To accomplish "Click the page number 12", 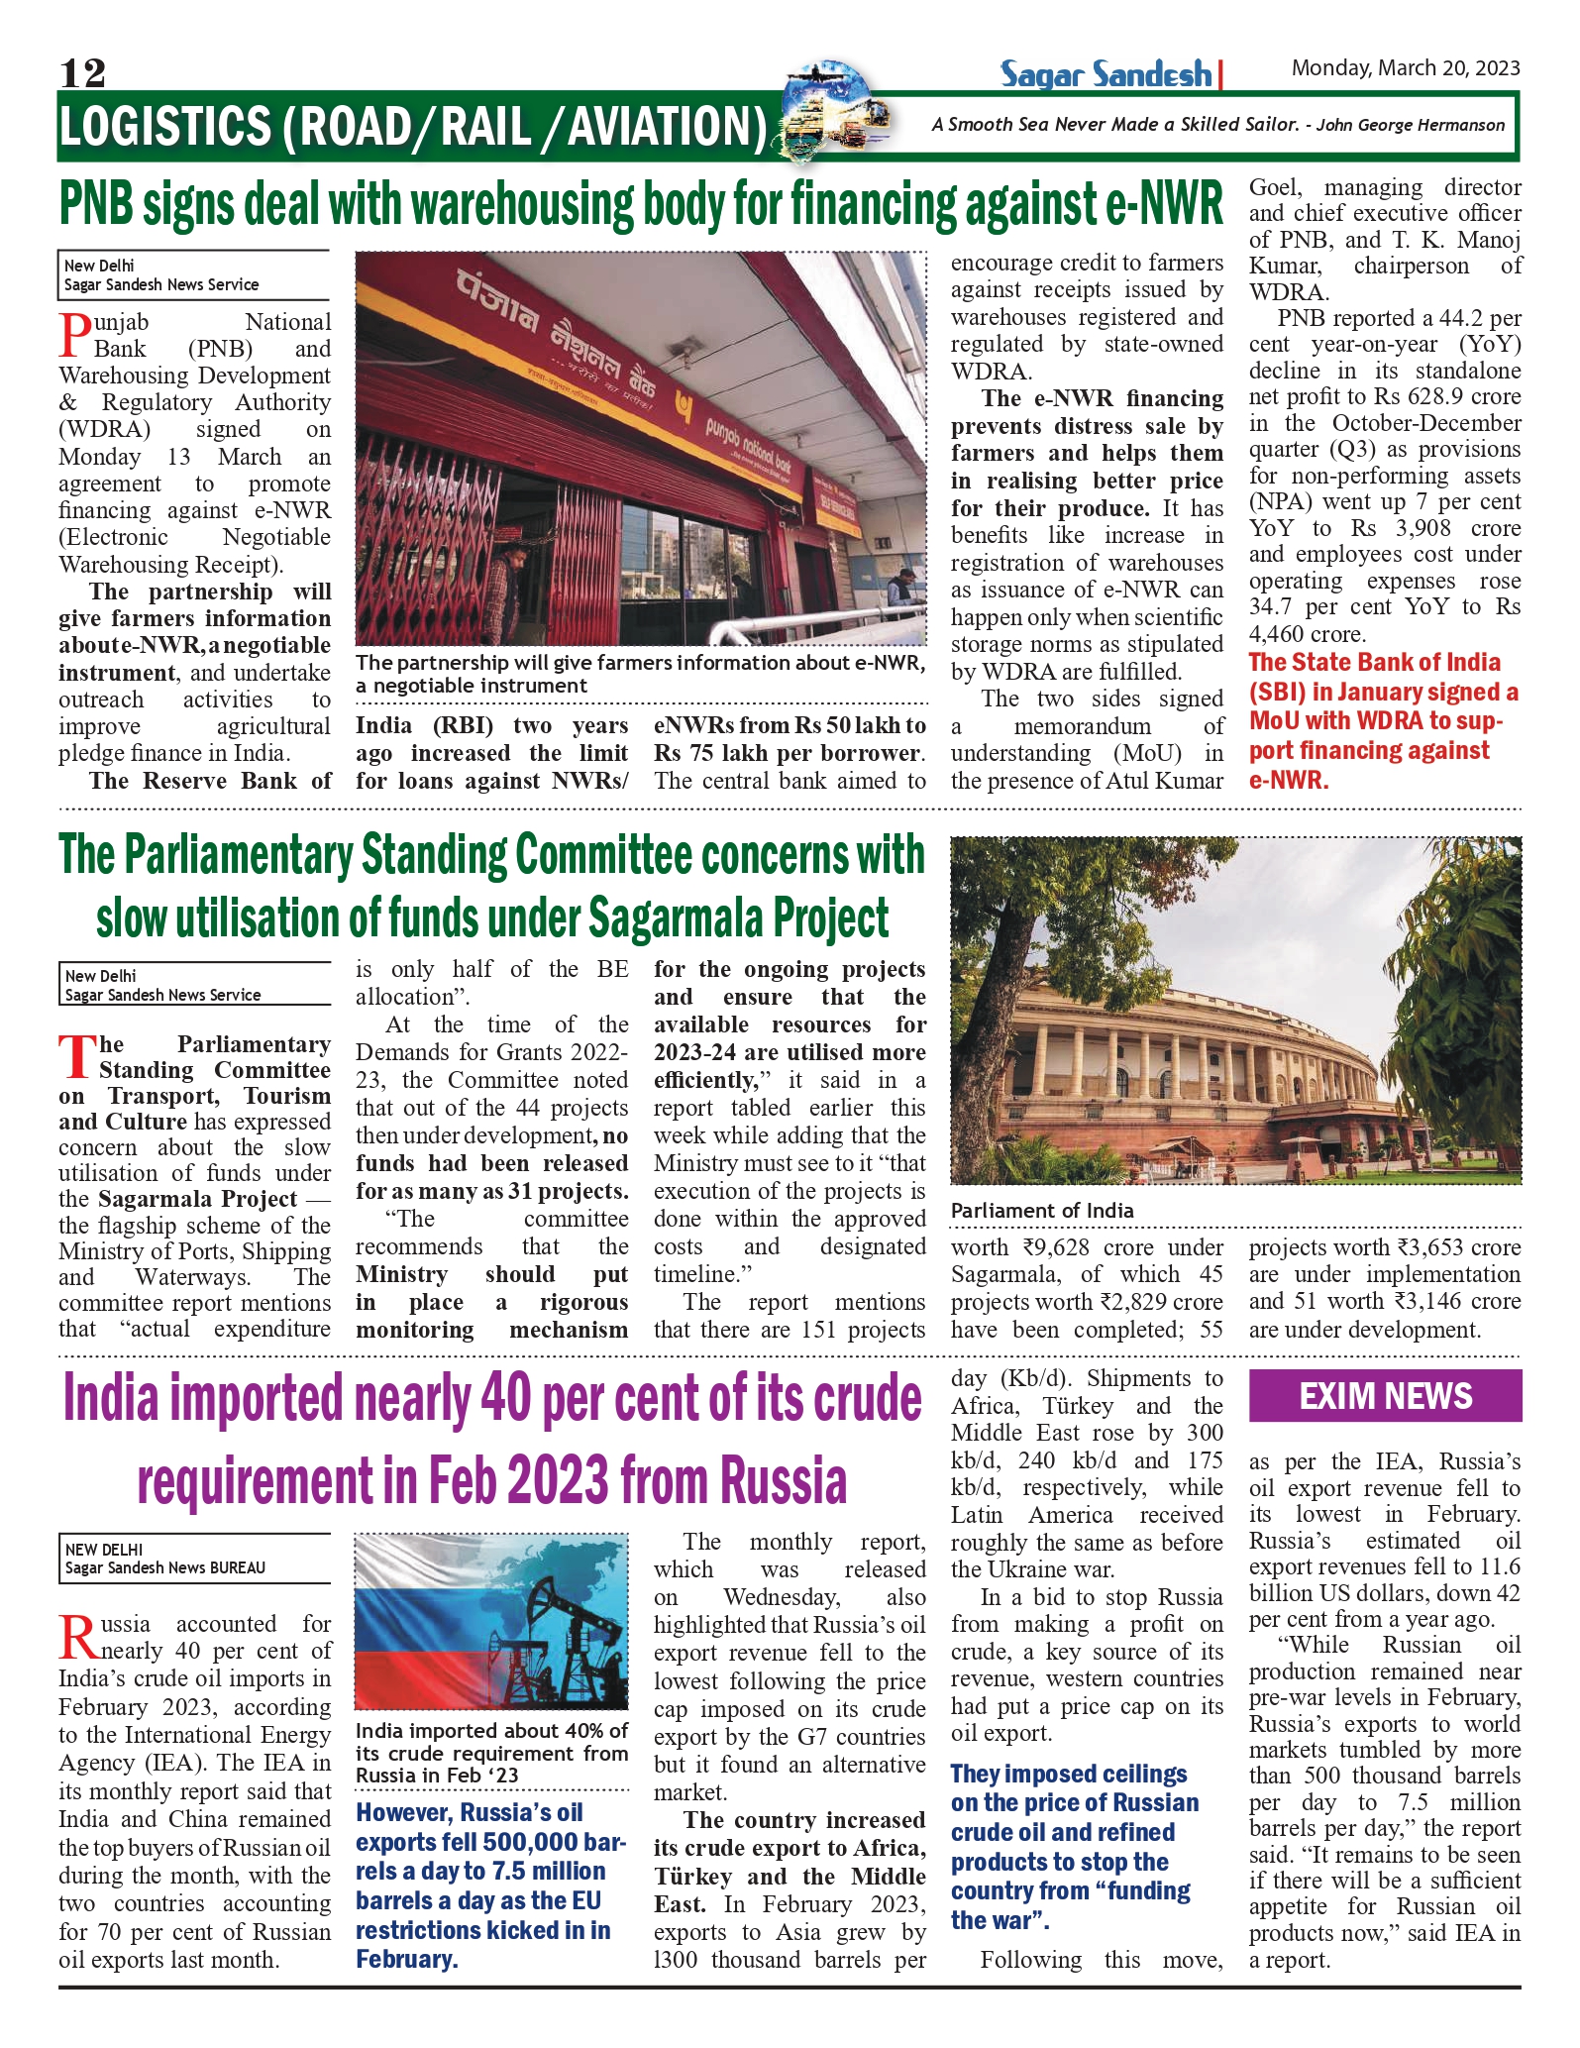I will click(x=82, y=72).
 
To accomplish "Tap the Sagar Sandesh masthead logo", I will click(x=1106, y=74).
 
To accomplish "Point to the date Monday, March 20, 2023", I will click(x=1405, y=68).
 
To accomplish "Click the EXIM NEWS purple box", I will click(x=1385, y=1396).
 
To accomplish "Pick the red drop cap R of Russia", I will click(x=77, y=1636).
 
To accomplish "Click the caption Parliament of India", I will click(x=1042, y=1210).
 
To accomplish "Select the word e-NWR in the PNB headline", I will click(x=1163, y=205).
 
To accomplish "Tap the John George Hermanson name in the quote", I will click(x=1411, y=126).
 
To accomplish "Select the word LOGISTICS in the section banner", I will click(x=164, y=128).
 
